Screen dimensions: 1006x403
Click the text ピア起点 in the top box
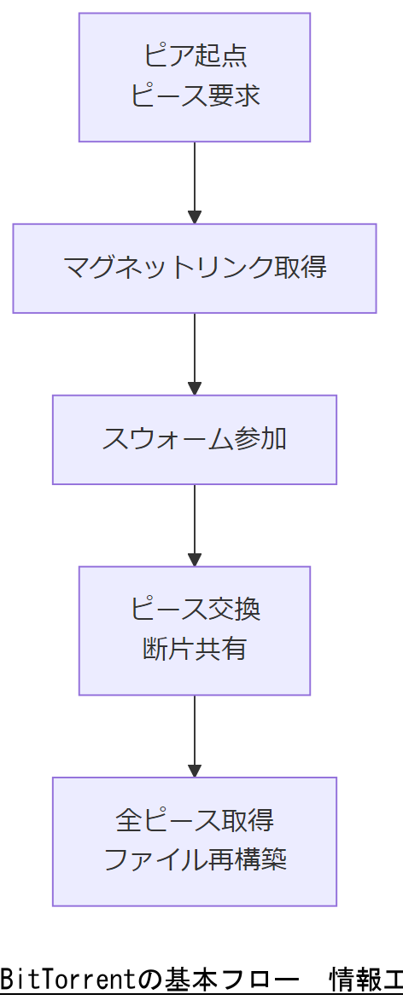point(195,56)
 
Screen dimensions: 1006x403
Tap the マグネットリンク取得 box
point(195,268)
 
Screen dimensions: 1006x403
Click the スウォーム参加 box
point(195,439)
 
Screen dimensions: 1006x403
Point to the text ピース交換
point(195,610)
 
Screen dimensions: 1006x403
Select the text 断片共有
point(195,650)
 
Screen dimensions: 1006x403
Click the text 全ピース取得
point(195,820)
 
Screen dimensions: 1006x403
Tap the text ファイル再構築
point(195,860)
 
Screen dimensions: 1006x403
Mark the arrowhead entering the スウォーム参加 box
point(195,388)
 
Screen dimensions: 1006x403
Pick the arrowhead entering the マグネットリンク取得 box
point(195,217)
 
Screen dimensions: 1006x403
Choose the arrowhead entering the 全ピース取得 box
point(195,770)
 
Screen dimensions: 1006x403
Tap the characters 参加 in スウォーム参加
point(260,439)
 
